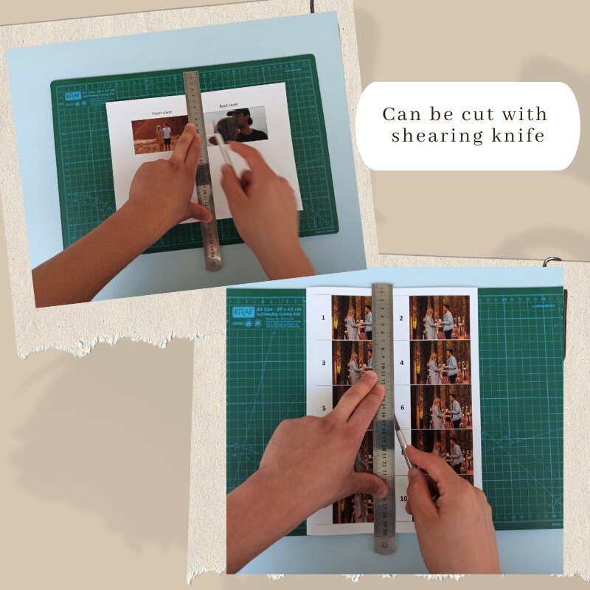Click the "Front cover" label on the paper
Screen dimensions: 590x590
coord(162,113)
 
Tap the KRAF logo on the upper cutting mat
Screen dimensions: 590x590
coord(72,96)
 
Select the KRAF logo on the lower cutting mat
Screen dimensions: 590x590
coord(244,311)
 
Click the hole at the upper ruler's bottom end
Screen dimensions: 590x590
coord(215,262)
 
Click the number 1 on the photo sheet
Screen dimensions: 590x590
coord(322,318)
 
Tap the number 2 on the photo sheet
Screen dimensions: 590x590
coord(401,318)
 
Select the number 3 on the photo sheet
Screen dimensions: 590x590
coord(323,363)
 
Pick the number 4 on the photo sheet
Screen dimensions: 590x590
coord(401,362)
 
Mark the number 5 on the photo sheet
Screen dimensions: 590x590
coord(323,408)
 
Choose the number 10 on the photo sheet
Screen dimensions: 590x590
coord(403,498)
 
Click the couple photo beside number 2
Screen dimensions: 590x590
coord(441,317)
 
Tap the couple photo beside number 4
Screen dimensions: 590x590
coord(441,362)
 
